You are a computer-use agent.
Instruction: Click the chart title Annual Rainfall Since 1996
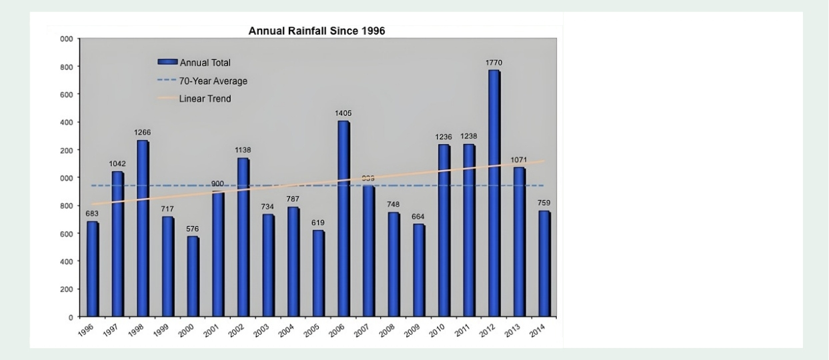click(317, 31)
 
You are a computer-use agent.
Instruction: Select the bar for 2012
click(494, 193)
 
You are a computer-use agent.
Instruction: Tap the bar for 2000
click(193, 277)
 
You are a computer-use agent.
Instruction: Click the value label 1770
click(494, 63)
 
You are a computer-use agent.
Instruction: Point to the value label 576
click(193, 229)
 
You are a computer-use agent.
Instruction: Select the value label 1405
click(343, 114)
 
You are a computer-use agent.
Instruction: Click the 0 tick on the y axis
click(69, 317)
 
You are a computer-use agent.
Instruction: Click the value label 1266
click(143, 133)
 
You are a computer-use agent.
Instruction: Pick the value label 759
click(544, 203)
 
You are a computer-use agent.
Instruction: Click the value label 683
click(92, 213)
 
